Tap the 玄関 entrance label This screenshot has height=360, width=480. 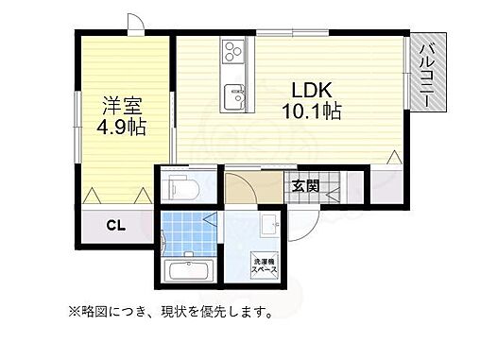click(x=303, y=184)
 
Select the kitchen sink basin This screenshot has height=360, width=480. click(x=233, y=94)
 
